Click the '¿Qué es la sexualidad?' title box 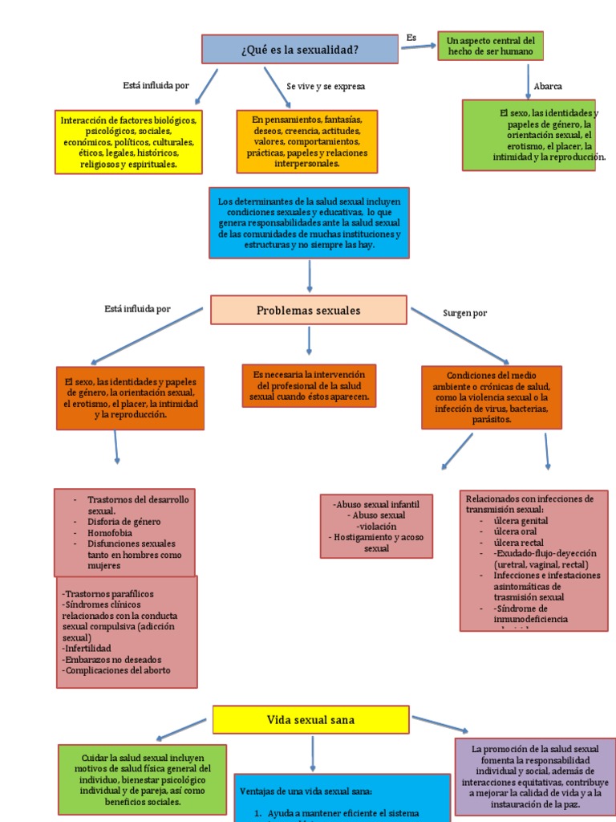[x=299, y=49]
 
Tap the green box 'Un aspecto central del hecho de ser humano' [x=490, y=46]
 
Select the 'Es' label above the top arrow [x=411, y=38]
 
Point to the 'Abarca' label [x=548, y=87]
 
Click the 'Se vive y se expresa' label [x=319, y=86]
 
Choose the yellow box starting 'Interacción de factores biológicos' [x=128, y=142]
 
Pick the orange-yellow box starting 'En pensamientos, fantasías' [x=306, y=141]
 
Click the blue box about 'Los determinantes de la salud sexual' [x=309, y=223]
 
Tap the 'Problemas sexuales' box [x=308, y=311]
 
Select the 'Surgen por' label [x=464, y=313]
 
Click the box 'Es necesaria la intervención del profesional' [x=309, y=386]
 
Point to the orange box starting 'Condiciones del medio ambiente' [x=491, y=397]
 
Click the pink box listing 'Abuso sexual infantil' [x=375, y=526]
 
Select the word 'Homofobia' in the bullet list [x=111, y=533]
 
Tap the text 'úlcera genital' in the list [x=521, y=521]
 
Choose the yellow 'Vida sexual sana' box [x=310, y=719]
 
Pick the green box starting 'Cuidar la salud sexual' [x=142, y=779]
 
